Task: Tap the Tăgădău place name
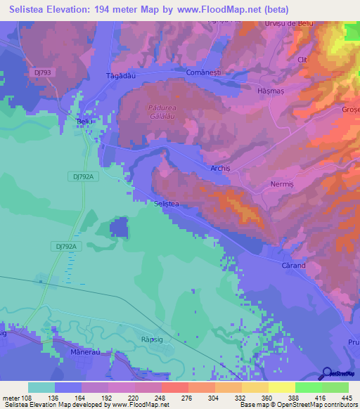tap(119, 74)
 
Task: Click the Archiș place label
tap(221, 169)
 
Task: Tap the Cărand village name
tap(293, 266)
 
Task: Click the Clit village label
tap(303, 60)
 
